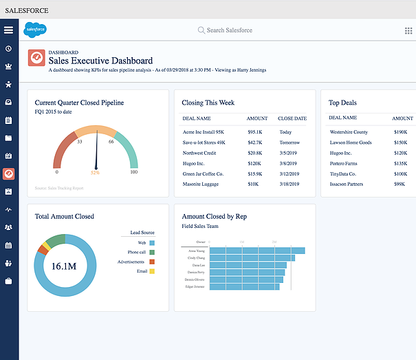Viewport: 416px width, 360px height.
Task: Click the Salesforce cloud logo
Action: pyautogui.click(x=34, y=30)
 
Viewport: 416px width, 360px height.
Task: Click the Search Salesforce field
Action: pyautogui.click(x=229, y=30)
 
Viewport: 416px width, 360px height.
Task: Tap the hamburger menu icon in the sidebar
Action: pyautogui.click(x=8, y=30)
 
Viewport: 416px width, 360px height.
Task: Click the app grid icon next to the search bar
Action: pyautogui.click(x=408, y=30)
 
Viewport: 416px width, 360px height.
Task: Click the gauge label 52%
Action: pyautogui.click(x=95, y=172)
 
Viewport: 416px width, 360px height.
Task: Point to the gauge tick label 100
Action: pyautogui.click(x=134, y=172)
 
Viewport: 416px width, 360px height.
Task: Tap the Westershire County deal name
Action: pyautogui.click(x=349, y=131)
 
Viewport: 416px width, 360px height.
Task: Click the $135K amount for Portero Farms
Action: pyautogui.click(x=400, y=163)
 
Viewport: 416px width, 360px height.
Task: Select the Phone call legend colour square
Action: pyautogui.click(x=151, y=253)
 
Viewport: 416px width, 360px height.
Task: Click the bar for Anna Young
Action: pyautogui.click(x=256, y=251)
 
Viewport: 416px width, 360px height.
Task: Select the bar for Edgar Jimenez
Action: pyautogui.click(x=244, y=286)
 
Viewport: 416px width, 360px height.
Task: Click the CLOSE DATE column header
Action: pyautogui.click(x=292, y=118)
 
